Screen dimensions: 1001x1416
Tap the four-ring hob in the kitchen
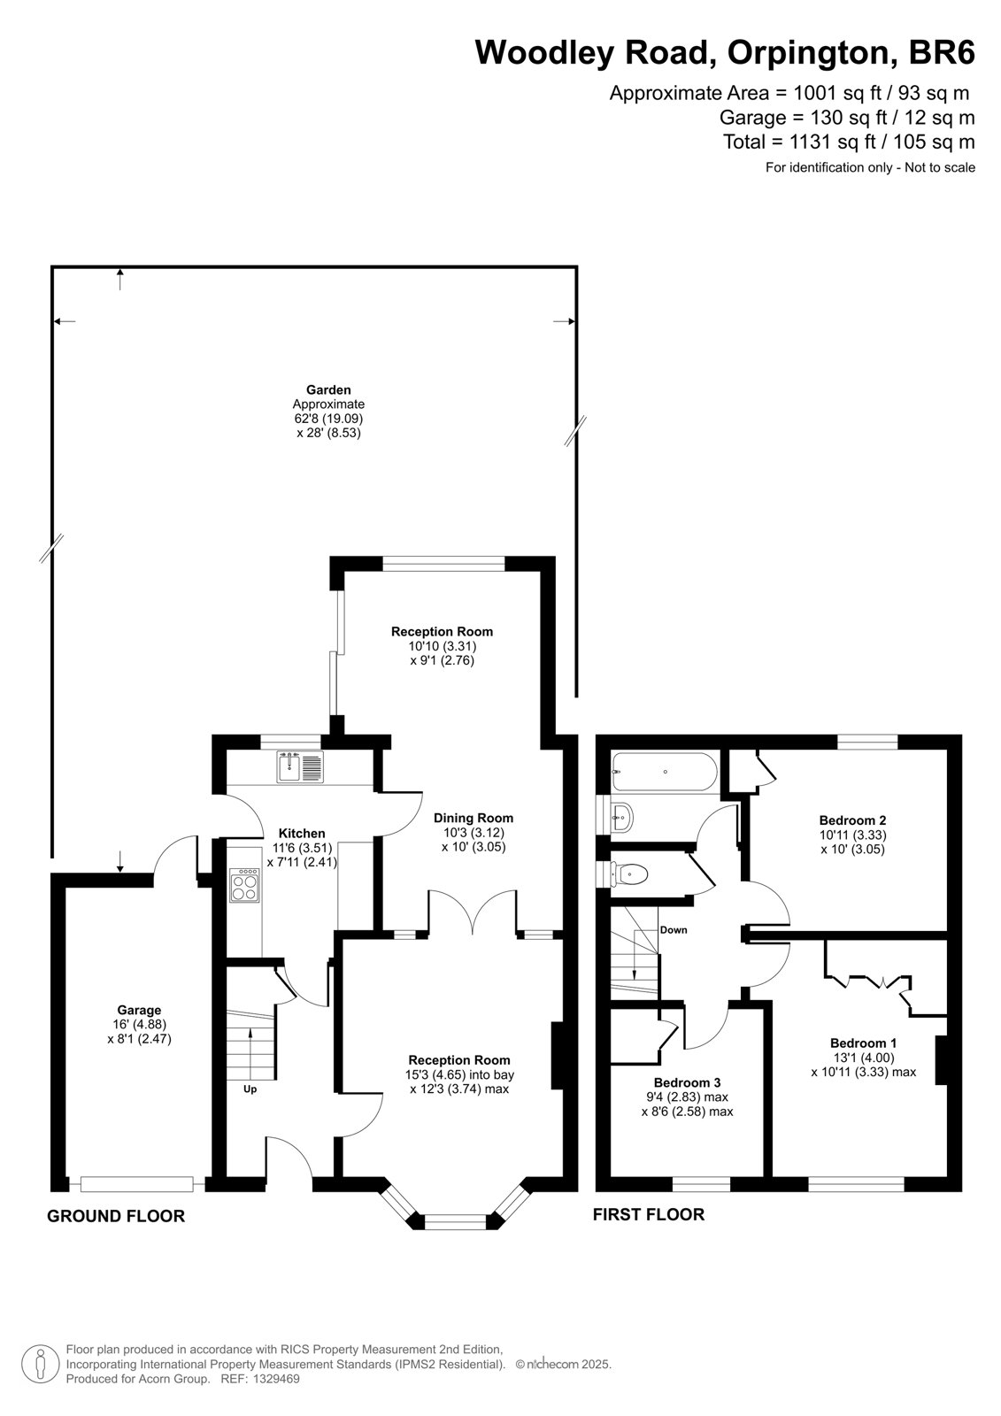pos(244,885)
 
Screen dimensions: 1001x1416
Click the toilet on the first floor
pos(628,875)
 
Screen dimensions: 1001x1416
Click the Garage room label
pos(139,1010)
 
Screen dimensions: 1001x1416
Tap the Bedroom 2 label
pos(852,820)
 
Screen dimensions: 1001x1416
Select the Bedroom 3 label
pos(688,1083)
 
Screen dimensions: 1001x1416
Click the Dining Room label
pos(474,818)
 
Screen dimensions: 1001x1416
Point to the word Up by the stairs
pos(250,1089)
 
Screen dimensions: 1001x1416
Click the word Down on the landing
pos(674,930)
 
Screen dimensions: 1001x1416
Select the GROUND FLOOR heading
pos(116,1216)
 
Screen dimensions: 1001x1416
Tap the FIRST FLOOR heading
pos(649,1214)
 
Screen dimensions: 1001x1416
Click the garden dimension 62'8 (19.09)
pos(329,419)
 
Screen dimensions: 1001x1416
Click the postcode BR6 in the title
pos(942,52)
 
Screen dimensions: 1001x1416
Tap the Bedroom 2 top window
pos(867,742)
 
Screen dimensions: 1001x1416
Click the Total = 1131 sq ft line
pos(849,142)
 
